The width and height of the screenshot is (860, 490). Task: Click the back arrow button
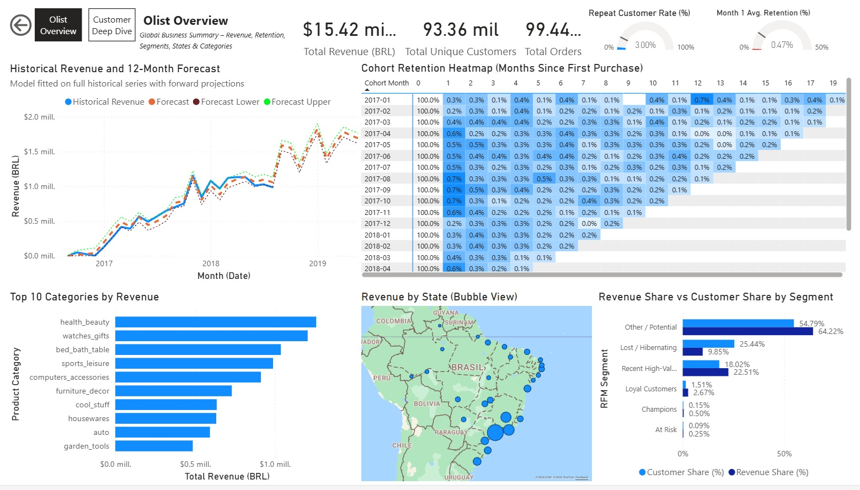21,25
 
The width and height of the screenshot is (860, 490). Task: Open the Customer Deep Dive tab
112,25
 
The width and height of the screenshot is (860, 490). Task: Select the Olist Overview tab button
58,25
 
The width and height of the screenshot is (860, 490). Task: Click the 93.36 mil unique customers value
461,30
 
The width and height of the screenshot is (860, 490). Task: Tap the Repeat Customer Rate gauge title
639,13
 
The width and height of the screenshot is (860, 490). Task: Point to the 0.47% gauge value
782,45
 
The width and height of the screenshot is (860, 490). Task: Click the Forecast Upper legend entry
297,102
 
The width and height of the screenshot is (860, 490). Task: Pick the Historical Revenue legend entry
105,102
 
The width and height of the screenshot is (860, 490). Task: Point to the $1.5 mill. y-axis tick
39,152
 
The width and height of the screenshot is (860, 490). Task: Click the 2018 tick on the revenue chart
211,263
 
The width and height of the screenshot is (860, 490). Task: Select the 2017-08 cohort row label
377,179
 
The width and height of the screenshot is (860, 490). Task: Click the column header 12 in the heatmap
698,83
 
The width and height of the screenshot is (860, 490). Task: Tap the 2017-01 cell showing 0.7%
702,100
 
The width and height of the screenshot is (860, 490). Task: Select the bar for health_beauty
215,322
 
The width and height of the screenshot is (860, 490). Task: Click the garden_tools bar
154,446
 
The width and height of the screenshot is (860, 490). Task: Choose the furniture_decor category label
82,391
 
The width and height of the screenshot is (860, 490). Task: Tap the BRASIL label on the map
468,367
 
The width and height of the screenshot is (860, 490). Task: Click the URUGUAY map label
458,477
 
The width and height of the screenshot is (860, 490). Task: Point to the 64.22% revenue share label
831,331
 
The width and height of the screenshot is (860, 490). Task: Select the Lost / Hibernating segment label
648,348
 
